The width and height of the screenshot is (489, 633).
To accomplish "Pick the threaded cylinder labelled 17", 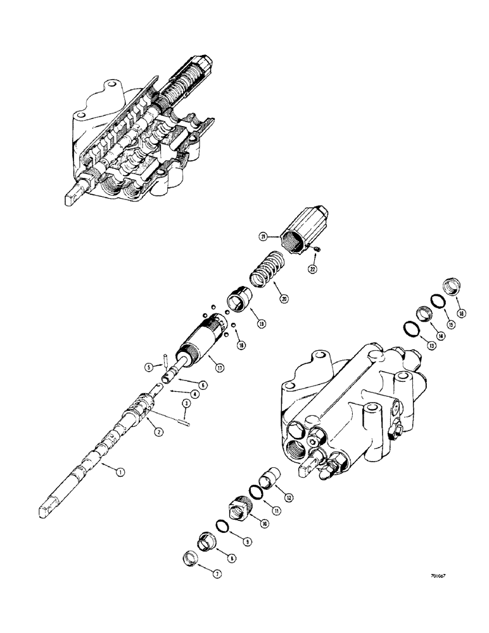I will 200,343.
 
